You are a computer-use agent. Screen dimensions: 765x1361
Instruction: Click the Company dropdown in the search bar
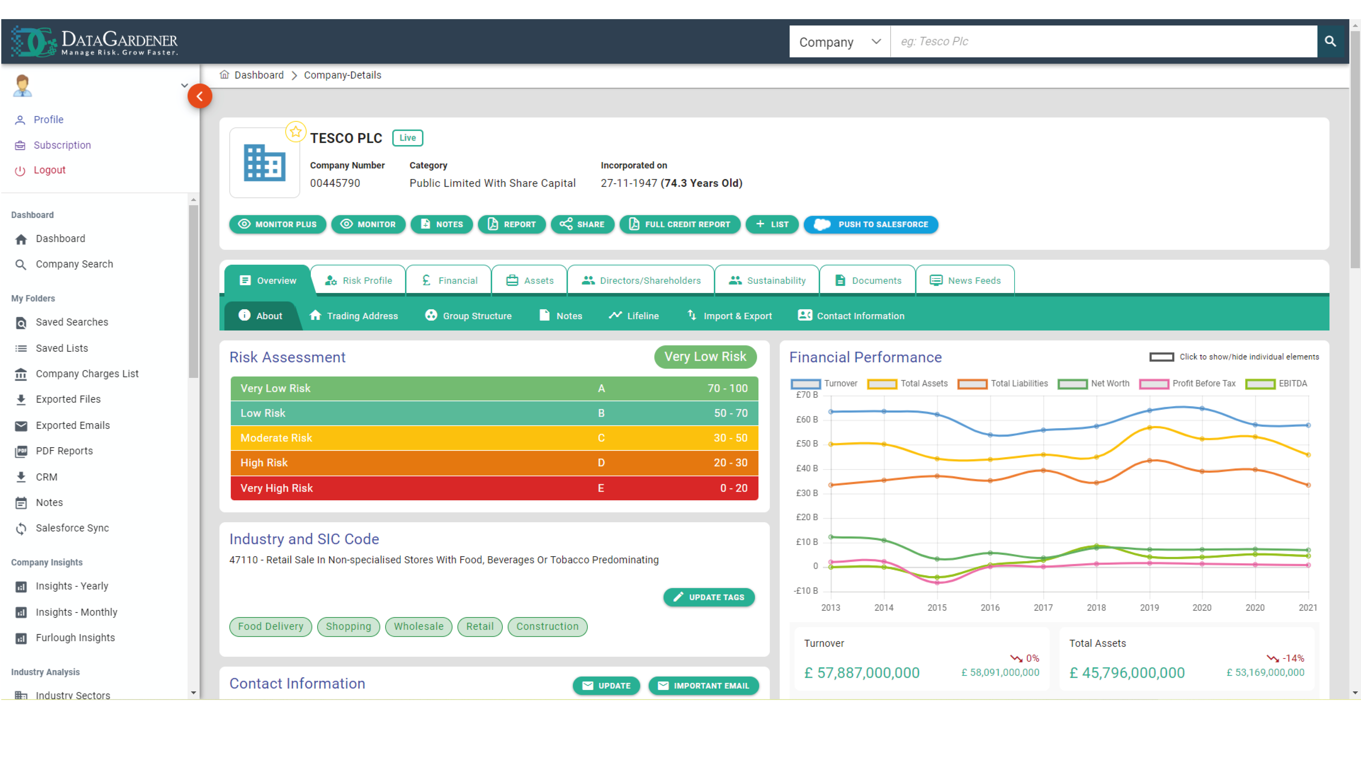point(839,42)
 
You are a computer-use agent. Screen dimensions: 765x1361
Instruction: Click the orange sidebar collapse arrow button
point(200,96)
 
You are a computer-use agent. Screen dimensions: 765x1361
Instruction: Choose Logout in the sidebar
point(49,170)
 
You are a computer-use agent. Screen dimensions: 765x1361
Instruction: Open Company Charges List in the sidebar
point(87,374)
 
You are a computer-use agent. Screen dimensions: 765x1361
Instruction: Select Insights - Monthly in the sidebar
point(76,612)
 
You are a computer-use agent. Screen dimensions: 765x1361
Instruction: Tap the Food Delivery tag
point(271,627)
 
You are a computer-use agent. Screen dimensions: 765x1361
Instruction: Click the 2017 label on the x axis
point(1043,608)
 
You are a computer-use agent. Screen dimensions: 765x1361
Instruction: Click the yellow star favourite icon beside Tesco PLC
point(295,132)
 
